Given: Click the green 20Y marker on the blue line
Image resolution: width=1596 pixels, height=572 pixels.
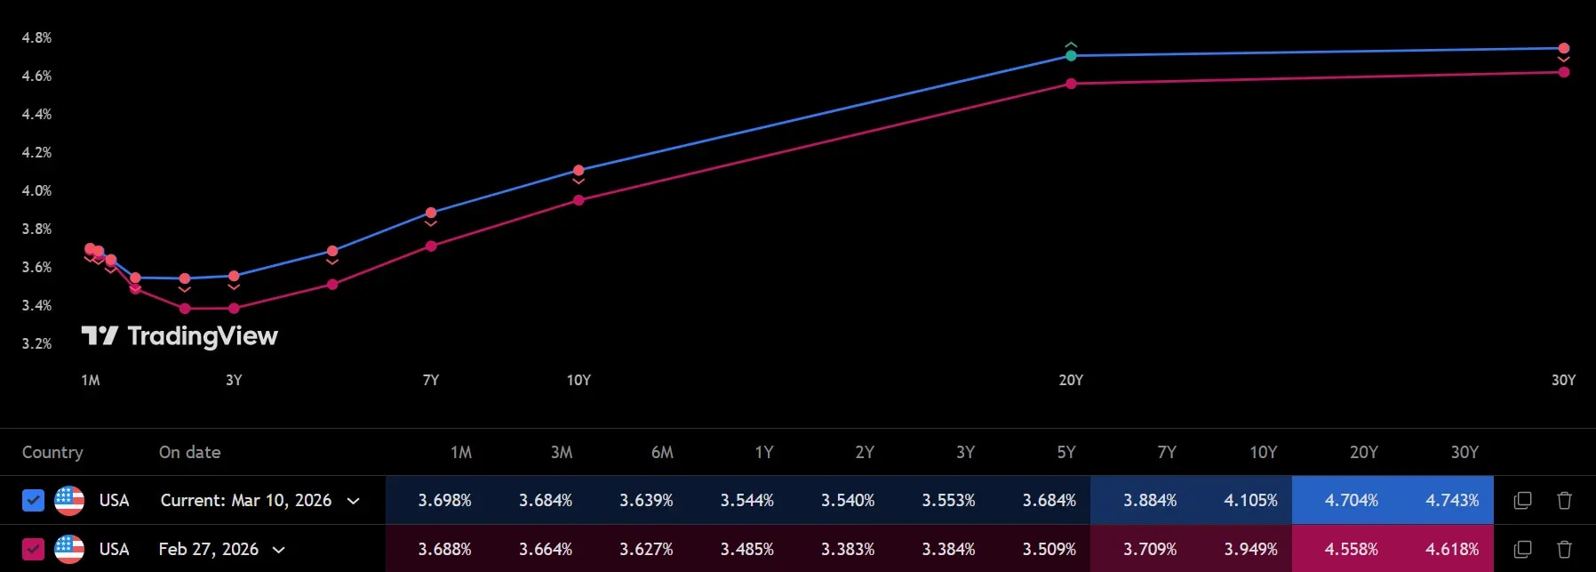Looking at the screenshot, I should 1071,55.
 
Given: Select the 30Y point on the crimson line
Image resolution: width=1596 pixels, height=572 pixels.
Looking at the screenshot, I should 1564,72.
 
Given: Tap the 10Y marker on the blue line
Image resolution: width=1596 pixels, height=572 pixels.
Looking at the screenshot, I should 579,170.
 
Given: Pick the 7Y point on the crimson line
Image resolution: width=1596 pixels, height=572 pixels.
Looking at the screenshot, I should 431,246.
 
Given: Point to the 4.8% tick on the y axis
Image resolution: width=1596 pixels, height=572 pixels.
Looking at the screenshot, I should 36,37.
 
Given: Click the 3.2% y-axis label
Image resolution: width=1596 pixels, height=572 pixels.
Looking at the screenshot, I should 36,343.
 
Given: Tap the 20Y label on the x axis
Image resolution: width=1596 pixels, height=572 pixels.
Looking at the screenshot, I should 1071,380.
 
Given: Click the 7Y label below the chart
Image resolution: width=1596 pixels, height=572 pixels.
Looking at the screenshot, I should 431,380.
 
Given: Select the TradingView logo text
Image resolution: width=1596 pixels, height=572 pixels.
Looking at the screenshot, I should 202,335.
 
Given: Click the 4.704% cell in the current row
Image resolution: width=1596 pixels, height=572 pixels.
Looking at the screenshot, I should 1351,500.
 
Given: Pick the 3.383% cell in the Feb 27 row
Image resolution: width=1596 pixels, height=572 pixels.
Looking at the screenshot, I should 848,549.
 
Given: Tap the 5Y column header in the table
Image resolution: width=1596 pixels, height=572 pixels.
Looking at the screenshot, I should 1066,452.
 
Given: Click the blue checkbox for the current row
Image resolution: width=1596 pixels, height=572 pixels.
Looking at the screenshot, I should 33,500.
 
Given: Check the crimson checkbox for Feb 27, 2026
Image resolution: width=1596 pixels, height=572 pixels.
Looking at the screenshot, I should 33,549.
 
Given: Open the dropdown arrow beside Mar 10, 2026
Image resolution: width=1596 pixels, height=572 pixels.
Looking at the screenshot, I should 353,501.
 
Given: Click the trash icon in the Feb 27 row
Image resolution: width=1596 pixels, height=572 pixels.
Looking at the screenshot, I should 1565,549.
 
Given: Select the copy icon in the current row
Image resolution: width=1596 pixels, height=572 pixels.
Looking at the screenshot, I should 1522,500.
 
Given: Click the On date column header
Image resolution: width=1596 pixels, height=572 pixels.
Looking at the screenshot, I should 189,452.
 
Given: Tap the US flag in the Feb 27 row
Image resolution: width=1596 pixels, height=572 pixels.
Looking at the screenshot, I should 69,549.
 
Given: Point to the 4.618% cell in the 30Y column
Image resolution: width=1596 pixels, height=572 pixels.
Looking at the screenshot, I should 1452,549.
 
